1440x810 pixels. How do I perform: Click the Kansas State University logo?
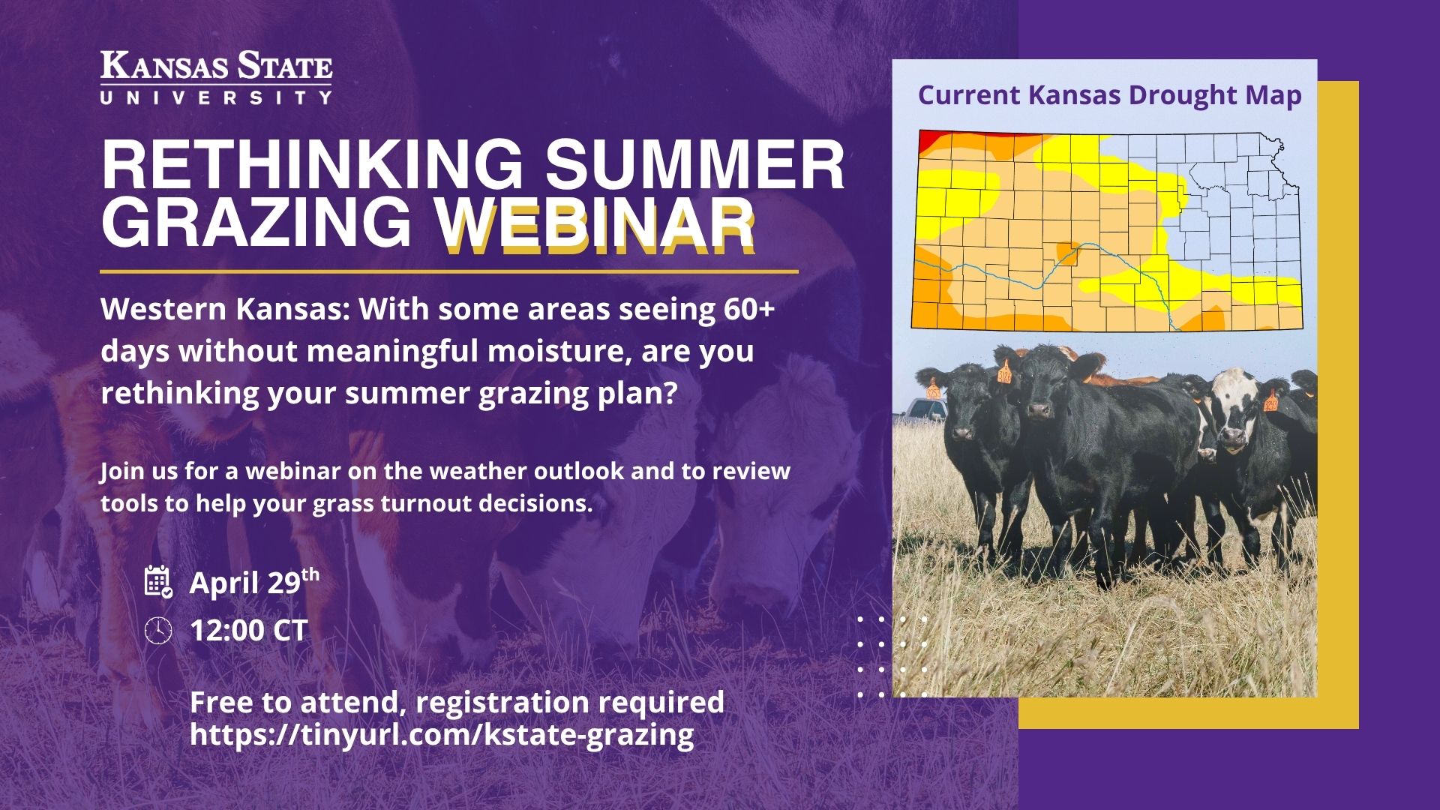click(216, 77)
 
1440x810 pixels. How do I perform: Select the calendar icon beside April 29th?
click(157, 581)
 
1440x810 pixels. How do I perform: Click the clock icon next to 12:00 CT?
click(157, 630)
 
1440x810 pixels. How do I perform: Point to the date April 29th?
click(253, 582)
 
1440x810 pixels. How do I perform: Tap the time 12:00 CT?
click(248, 630)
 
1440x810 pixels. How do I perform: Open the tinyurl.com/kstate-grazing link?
click(442, 734)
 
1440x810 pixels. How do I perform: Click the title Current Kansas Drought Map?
click(1109, 96)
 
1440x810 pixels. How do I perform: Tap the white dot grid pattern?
click(892, 657)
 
